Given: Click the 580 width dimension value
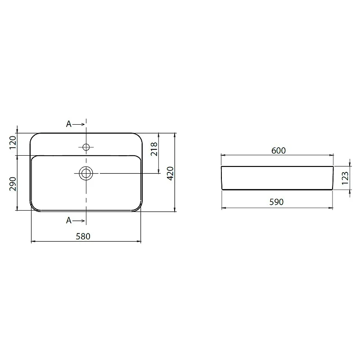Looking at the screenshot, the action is (83, 236).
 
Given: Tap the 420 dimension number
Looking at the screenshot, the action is (170, 174).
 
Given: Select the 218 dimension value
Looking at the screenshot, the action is (154, 149).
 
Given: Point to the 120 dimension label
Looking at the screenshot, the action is (13, 143).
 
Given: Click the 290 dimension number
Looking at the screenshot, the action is (13, 184).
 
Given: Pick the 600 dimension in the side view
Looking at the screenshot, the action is (279, 151).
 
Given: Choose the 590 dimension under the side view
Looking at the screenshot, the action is (276, 202).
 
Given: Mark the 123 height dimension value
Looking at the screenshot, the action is (345, 178).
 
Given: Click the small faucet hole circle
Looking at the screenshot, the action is (86, 147).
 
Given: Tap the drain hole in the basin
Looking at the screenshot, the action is (86, 173).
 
